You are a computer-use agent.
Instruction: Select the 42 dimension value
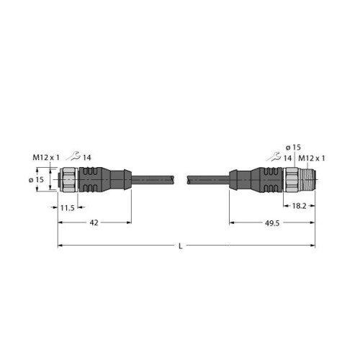(94, 225)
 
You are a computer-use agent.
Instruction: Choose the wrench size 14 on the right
(286, 158)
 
